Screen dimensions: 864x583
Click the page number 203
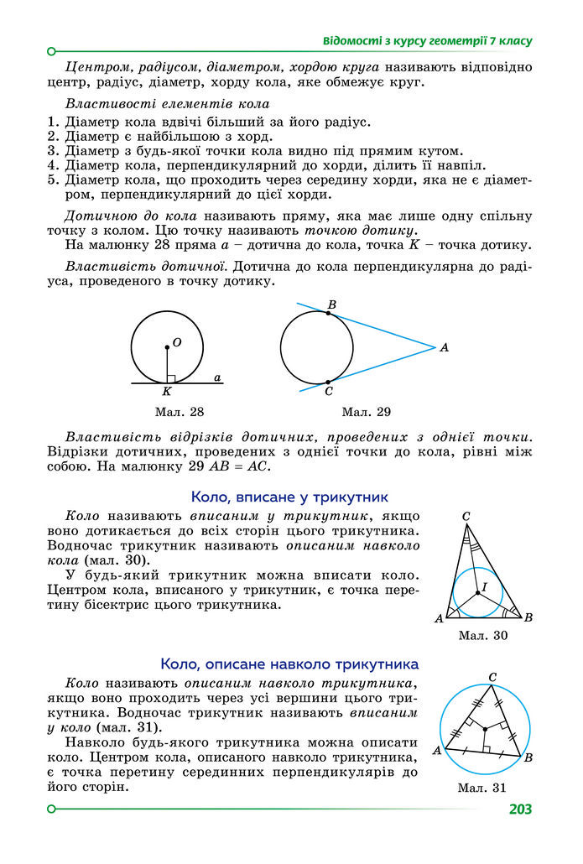[519, 809]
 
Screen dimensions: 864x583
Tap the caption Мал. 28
[180, 412]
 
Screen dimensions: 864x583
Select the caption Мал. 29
[367, 412]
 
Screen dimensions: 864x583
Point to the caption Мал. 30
[483, 635]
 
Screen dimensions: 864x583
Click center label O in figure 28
[177, 342]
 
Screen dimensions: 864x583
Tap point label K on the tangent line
[166, 392]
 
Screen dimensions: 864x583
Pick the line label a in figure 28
[217, 378]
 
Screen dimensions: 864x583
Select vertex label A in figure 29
[445, 347]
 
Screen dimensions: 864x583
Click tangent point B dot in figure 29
[328, 312]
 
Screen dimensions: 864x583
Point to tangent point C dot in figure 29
[328, 383]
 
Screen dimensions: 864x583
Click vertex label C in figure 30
[466, 517]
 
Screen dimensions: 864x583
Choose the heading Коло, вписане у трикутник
[289, 497]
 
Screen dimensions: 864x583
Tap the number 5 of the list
[52, 180]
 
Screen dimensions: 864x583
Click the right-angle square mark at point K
[170, 378]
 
